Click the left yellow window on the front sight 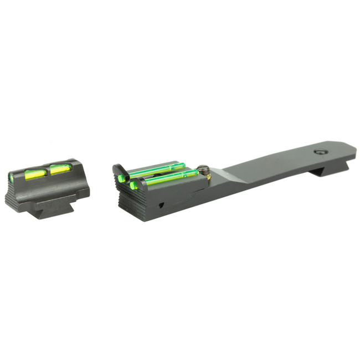coord(35,174)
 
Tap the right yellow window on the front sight coord(60,169)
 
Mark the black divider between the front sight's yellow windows coord(48,171)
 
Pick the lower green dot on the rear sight coord(133,186)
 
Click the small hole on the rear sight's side coord(161,204)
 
